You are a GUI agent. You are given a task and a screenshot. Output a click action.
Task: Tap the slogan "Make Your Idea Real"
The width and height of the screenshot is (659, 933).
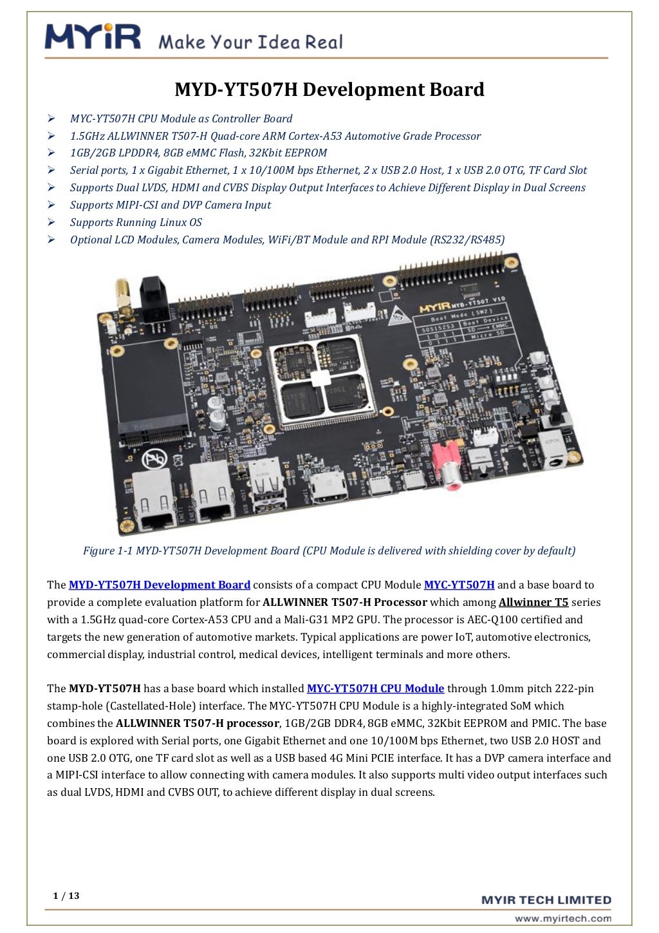(250, 42)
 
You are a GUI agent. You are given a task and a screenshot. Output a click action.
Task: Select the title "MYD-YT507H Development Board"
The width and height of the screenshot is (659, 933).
(329, 90)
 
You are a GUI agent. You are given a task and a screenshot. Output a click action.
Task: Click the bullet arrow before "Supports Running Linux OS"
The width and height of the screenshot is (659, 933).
(51, 222)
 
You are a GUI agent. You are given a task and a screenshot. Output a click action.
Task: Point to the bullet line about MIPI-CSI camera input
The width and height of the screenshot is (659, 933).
(171, 205)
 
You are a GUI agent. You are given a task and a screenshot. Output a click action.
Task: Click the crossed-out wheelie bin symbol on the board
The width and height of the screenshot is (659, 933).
(155, 459)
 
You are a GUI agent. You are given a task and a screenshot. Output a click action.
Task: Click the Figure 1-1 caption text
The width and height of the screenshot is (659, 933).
(329, 551)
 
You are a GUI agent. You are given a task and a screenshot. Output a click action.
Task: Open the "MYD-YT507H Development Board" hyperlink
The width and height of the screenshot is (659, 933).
(159, 585)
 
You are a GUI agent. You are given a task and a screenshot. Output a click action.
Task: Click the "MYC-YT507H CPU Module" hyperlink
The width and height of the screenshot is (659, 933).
(375, 688)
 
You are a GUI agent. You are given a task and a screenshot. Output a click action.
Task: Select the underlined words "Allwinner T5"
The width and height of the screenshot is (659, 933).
(534, 602)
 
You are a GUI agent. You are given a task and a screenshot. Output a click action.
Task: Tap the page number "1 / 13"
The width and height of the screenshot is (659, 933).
(66, 896)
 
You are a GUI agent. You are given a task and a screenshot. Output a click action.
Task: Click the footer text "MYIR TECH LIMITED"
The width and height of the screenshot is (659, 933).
(546, 900)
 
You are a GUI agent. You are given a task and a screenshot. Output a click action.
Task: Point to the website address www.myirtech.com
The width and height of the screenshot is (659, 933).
(562, 918)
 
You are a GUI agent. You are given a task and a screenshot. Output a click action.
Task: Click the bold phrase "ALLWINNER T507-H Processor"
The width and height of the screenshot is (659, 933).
(345, 602)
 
